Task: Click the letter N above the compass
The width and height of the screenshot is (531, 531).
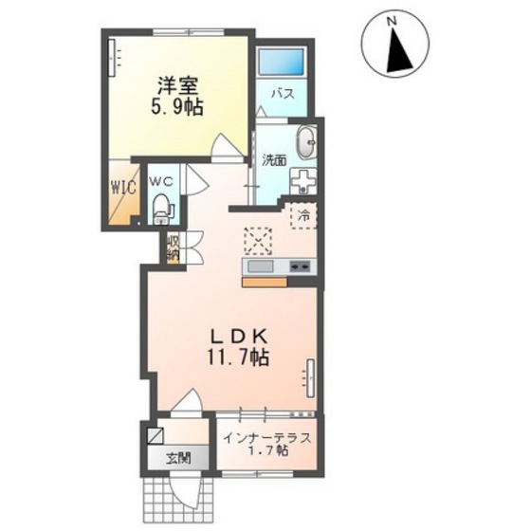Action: coord(392,21)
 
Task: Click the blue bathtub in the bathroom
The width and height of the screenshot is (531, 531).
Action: coord(281,63)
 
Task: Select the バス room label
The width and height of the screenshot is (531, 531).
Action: coord(283,94)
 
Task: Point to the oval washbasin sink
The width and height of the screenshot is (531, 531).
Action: coord(307,142)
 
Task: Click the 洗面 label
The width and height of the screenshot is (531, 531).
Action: coord(274,160)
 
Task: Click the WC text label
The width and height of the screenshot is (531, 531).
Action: coord(161,182)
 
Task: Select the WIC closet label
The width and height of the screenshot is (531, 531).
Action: coord(124,187)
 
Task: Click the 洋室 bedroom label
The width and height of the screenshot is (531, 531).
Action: coord(177,86)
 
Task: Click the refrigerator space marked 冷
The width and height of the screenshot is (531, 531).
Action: coord(303,215)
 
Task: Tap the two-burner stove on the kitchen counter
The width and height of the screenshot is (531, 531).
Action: coord(300,266)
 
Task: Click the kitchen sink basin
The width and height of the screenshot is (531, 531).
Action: coord(260,266)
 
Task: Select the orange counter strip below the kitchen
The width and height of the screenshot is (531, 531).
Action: coord(265,283)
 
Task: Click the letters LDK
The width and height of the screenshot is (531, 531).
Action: coord(240,338)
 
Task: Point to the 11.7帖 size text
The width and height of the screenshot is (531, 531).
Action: coord(238,357)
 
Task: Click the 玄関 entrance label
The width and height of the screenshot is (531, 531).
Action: coord(178,458)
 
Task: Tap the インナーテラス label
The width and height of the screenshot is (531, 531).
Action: coord(267,438)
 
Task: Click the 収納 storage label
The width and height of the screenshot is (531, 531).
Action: coord(172,247)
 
